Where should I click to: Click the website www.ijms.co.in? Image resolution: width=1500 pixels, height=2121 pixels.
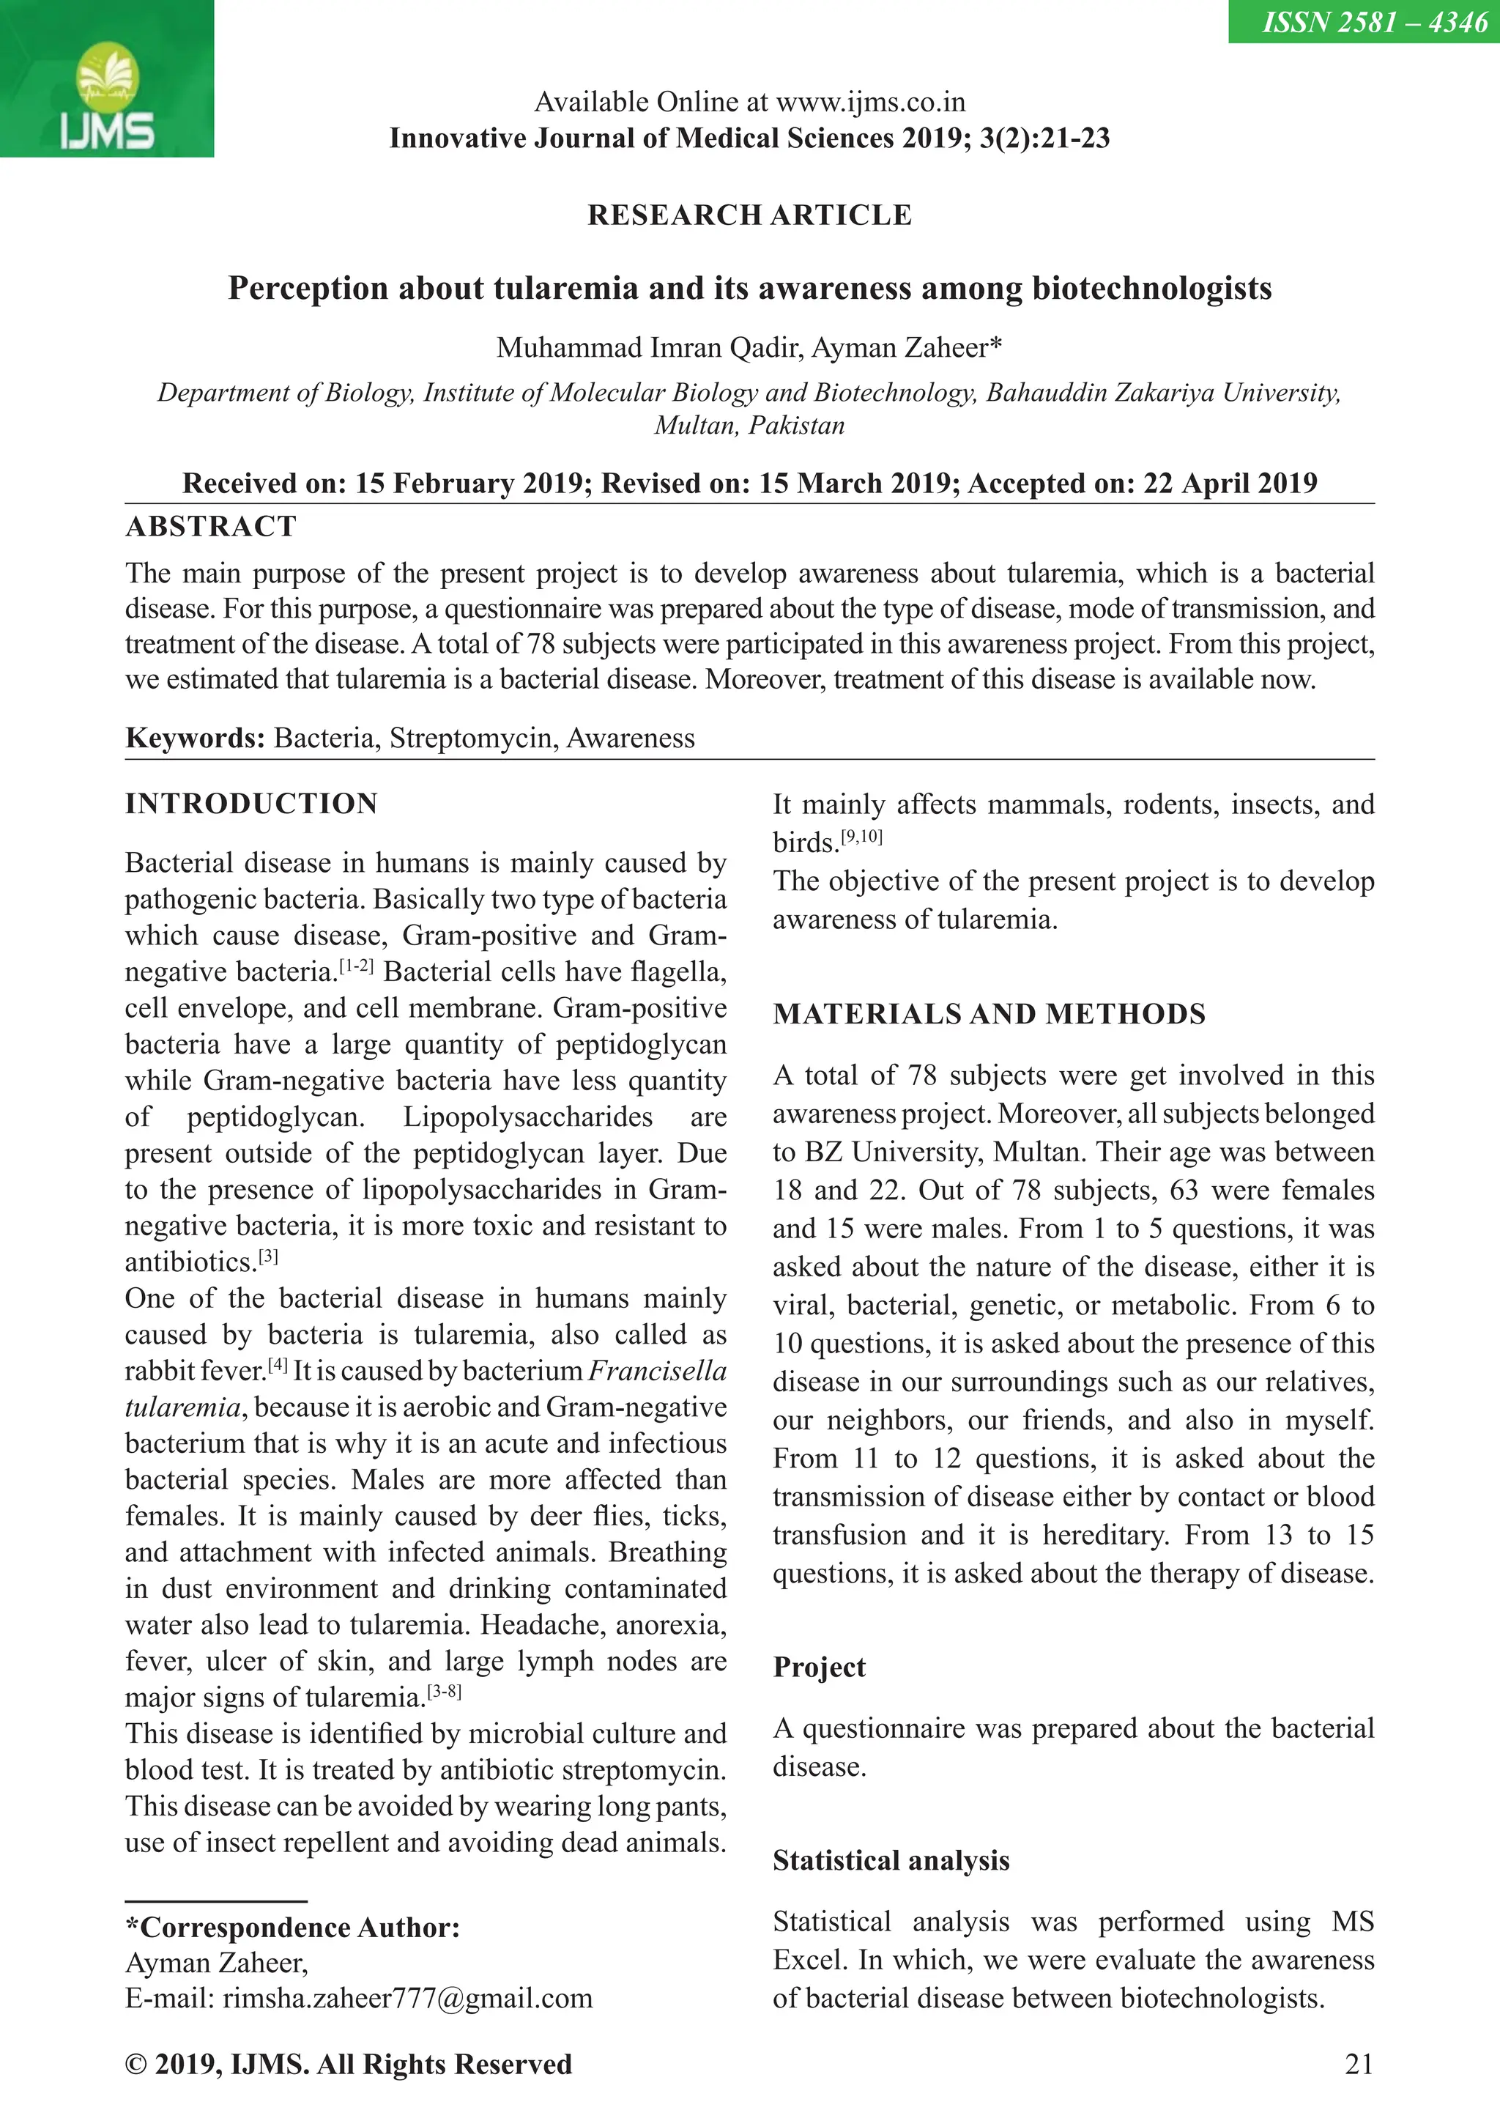coord(870,102)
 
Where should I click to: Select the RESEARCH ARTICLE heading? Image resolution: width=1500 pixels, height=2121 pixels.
coord(749,215)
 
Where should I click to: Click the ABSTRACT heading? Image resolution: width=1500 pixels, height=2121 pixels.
coord(211,527)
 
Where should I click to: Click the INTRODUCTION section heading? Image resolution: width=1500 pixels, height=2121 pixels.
coord(251,804)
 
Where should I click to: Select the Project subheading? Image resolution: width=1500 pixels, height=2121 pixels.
coord(818,1667)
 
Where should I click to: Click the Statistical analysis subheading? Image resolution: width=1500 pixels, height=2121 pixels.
coord(891,1860)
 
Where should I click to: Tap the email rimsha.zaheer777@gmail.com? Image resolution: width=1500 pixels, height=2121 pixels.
coord(407,1998)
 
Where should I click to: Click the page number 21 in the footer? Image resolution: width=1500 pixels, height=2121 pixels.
coord(1359,2065)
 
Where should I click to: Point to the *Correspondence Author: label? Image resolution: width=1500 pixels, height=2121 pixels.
coord(292,1928)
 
